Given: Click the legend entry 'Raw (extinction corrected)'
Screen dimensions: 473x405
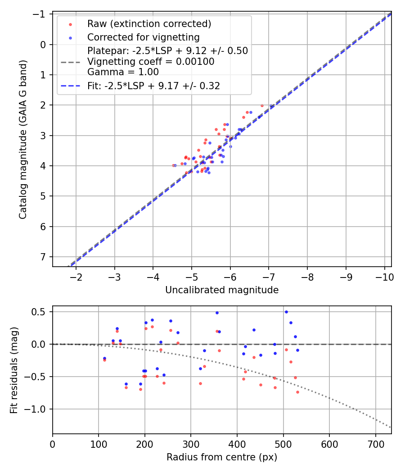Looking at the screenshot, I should coord(149,24).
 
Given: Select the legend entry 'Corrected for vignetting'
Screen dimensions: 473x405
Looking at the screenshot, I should coord(143,37).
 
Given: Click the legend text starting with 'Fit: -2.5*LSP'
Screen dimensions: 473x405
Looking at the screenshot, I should coord(153,86).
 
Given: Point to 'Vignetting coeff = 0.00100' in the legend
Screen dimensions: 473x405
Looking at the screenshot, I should coord(151,61).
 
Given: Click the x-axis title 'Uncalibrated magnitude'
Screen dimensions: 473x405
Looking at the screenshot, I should coord(222,290).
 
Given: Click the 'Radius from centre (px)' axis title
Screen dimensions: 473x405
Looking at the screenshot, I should coord(222,457).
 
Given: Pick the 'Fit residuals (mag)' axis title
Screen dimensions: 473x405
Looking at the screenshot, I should coord(14,370).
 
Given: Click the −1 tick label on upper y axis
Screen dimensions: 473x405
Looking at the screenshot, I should coord(41,14).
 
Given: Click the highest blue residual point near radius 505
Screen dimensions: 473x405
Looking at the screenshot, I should coord(286,312).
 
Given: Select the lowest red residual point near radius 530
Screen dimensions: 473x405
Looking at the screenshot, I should coord(297,392).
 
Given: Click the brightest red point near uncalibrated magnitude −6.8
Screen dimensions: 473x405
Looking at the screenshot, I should coord(262,105).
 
